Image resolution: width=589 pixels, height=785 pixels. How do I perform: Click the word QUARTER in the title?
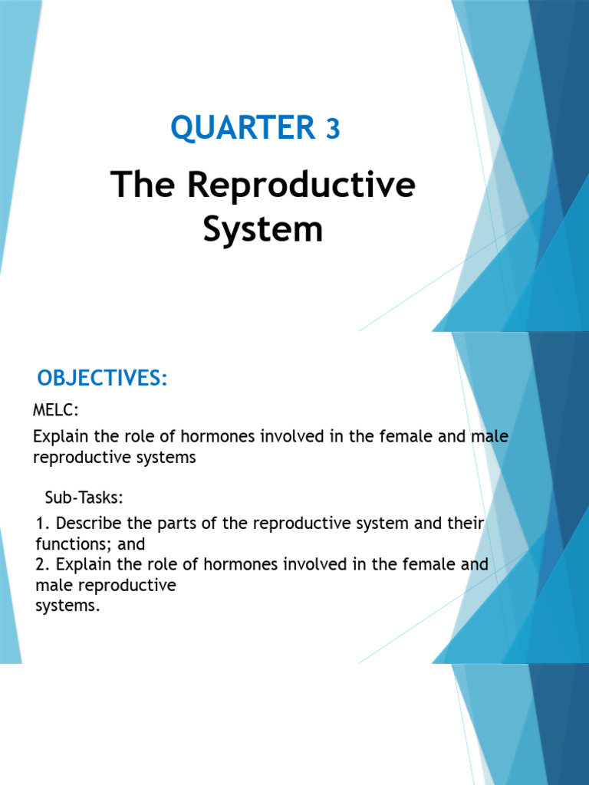242,127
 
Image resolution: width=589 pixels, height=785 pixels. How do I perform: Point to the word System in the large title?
262,228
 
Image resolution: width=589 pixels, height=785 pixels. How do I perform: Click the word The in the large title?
143,186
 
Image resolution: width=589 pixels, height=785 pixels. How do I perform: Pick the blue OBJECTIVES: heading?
102,379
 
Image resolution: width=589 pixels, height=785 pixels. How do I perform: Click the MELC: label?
56,412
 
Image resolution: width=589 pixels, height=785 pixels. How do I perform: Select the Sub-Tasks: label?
84,498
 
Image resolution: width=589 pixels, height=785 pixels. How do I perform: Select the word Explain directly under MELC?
61,437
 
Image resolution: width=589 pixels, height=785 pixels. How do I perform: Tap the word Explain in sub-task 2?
84,565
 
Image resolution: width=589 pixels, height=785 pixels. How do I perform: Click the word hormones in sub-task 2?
222,565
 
